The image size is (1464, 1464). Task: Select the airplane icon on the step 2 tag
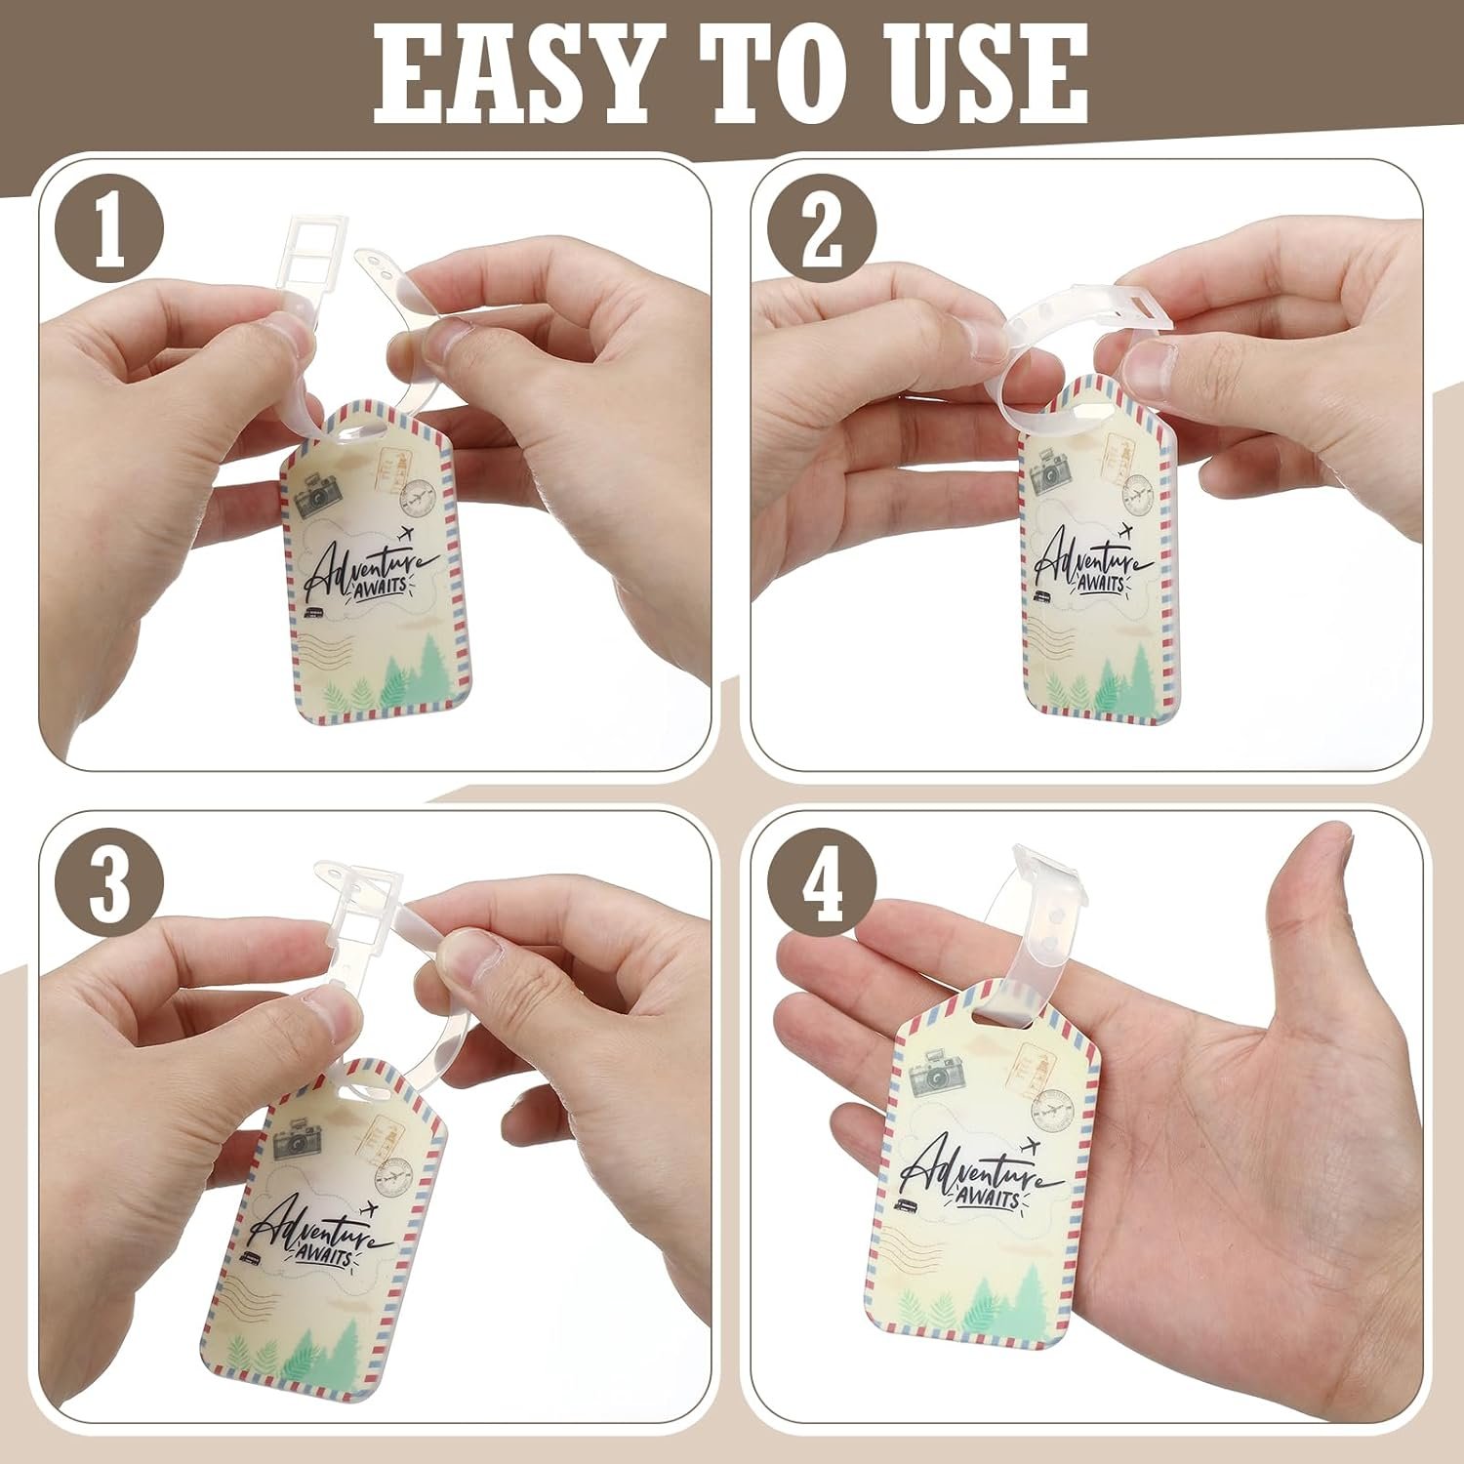(x=1124, y=533)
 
